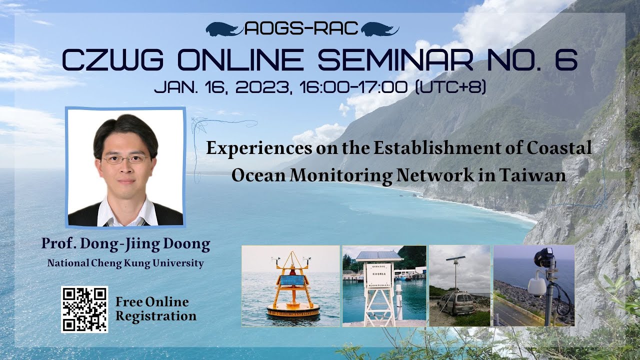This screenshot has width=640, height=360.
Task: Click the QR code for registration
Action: click(x=84, y=309)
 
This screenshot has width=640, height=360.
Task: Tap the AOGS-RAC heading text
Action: click(x=302, y=29)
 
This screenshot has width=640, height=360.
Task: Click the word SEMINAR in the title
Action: click(x=394, y=60)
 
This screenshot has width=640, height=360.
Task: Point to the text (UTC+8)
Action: click(x=450, y=87)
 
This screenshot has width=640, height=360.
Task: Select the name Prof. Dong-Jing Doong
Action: click(x=125, y=245)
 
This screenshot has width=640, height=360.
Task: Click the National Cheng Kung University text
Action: click(x=125, y=263)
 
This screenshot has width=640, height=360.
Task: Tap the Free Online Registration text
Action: click(x=155, y=309)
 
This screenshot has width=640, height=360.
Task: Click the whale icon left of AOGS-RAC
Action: click(x=223, y=29)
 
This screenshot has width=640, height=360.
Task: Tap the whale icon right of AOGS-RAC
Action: click(x=379, y=29)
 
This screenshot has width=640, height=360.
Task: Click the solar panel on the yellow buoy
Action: click(x=292, y=281)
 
